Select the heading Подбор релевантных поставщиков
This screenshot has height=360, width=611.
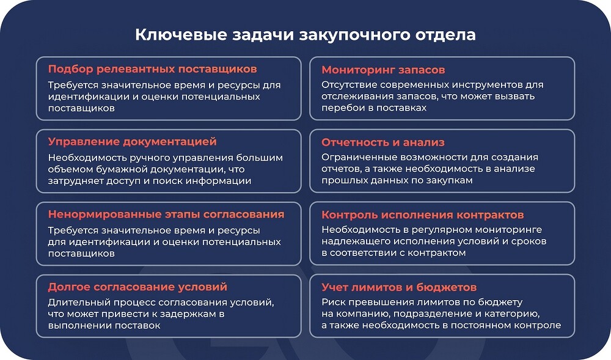[x=152, y=69]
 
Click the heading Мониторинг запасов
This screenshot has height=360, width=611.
[x=383, y=70]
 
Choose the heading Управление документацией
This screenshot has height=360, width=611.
[x=132, y=142]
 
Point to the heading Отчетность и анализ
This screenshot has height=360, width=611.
[x=382, y=142]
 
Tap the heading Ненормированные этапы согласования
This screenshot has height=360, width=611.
[x=166, y=215]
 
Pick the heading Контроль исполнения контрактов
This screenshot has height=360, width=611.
[x=422, y=215]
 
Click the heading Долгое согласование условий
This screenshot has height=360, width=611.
[x=137, y=287]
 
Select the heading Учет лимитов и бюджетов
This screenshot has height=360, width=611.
[x=399, y=287]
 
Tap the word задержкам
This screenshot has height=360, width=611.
[x=190, y=314]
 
